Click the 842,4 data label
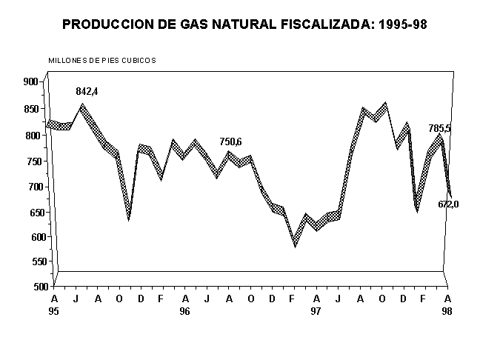87,91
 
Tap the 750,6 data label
230,141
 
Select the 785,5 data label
439,128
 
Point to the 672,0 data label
448,204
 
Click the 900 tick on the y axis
30,81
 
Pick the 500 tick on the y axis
30,287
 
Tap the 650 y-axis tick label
30,211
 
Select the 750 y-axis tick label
30,161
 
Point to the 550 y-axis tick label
30,261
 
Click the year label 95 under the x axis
53,312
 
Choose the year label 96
185,312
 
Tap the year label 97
316,312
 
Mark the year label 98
447,312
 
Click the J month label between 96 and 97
207,298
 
